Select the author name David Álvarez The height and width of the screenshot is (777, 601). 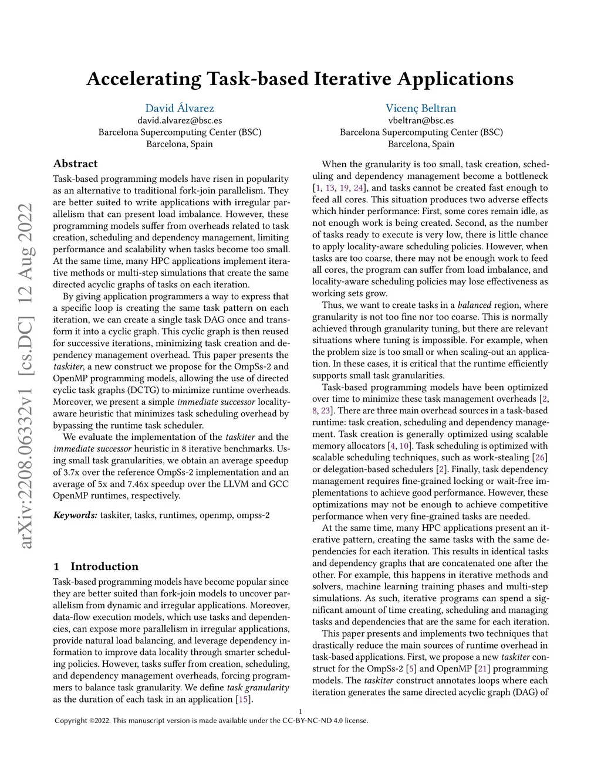[x=180, y=108]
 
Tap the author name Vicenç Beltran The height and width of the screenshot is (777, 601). [x=421, y=108]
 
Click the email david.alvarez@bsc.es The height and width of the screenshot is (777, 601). [x=180, y=120]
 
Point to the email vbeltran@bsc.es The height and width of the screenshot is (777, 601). [x=421, y=120]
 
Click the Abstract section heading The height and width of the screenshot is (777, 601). [x=75, y=164]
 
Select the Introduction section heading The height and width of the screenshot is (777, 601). [x=104, y=566]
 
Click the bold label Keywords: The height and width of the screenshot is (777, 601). [x=75, y=515]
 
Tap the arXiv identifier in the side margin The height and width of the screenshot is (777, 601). [x=26, y=375]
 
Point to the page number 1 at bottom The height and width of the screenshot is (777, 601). [x=300, y=711]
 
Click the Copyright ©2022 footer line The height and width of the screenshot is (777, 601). [x=211, y=721]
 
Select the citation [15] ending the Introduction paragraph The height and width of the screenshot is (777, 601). [x=244, y=699]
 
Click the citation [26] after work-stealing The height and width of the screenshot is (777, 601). [x=540, y=457]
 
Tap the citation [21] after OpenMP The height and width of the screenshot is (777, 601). [x=482, y=669]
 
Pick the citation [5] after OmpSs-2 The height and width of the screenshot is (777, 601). [x=411, y=669]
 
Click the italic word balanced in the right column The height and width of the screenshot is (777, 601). [x=474, y=305]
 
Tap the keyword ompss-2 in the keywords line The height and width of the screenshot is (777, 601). [x=253, y=515]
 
